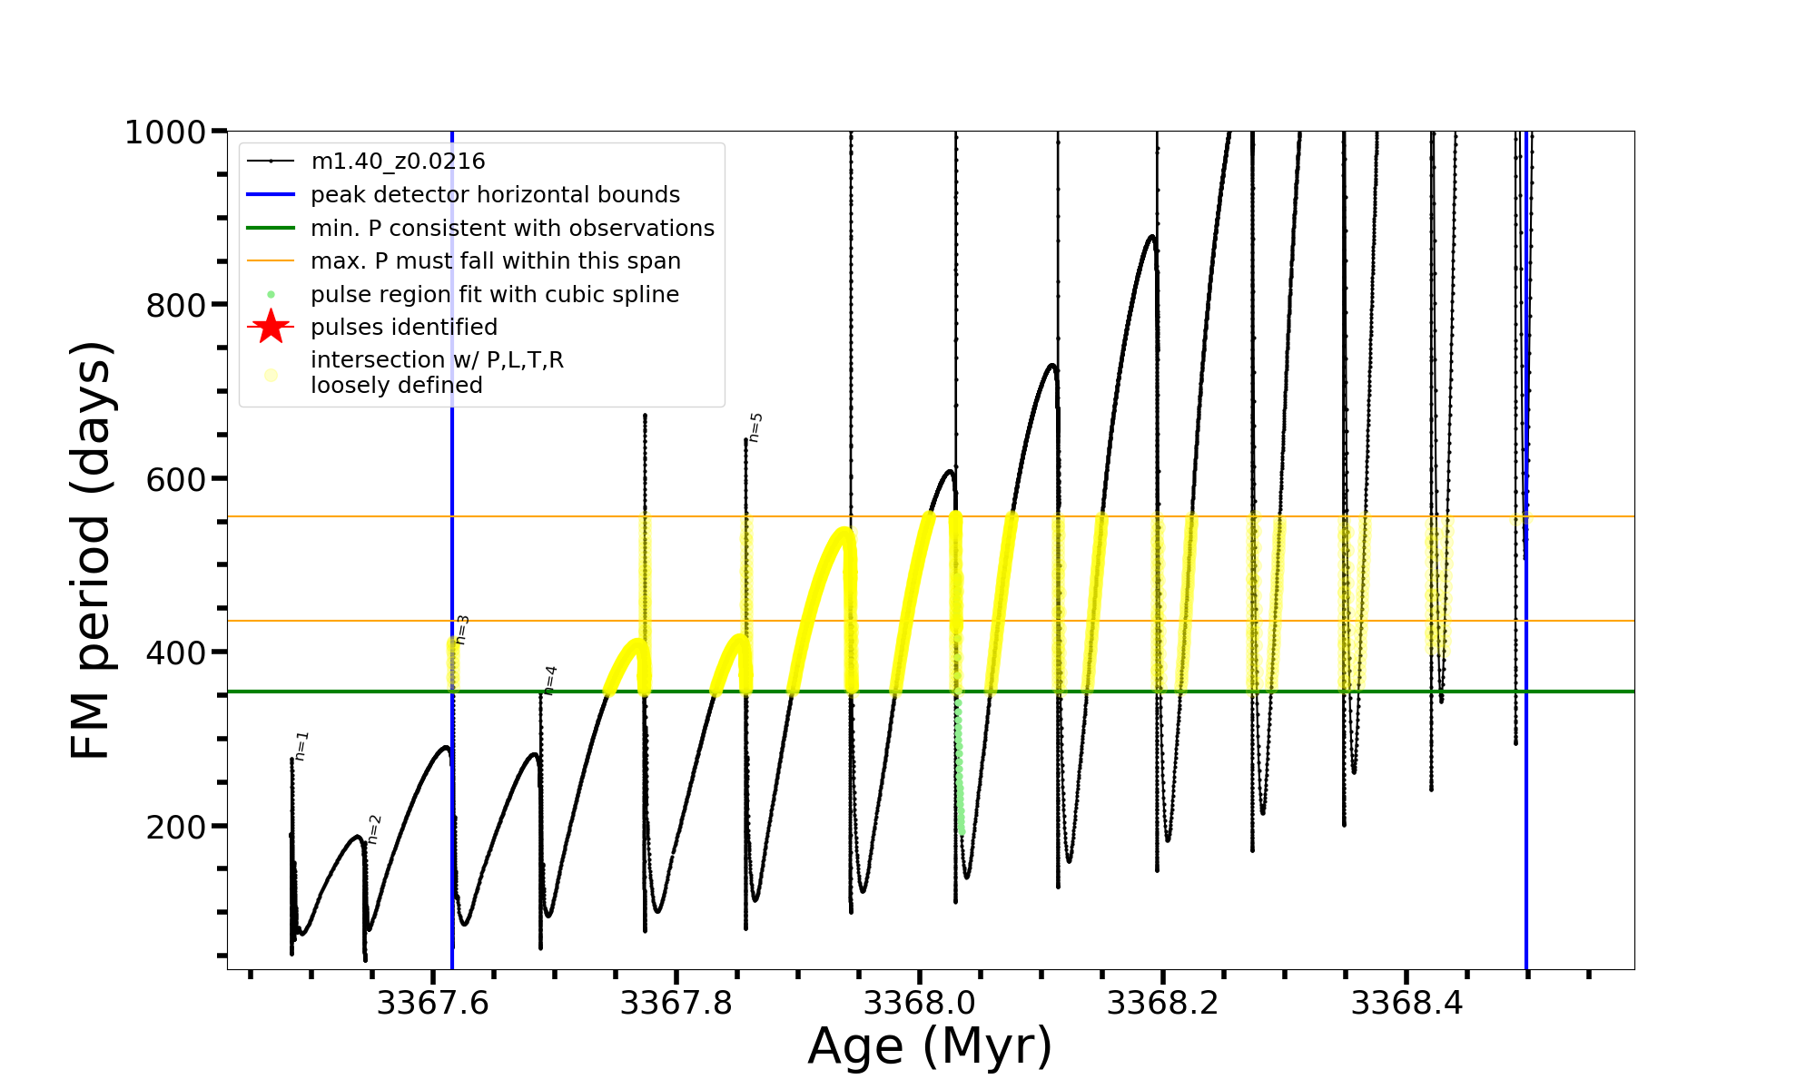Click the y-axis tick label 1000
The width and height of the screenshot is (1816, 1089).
[165, 132]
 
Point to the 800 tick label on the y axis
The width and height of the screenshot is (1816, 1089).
[176, 306]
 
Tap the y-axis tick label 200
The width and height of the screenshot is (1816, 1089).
[176, 827]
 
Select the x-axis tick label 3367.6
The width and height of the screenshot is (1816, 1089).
[432, 1004]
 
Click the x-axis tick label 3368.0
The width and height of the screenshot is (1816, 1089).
[919, 1004]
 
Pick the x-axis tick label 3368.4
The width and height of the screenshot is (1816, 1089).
[1406, 1004]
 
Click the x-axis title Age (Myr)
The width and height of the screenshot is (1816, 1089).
[930, 1046]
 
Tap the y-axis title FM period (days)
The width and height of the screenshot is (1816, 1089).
[92, 550]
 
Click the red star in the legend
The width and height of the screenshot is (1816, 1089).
[271, 327]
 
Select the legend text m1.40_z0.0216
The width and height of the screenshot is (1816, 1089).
[398, 162]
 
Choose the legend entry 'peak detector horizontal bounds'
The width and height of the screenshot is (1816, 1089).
[495, 195]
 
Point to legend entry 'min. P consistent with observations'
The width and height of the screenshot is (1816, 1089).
[512, 228]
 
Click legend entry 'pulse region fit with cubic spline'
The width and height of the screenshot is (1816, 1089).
[494, 295]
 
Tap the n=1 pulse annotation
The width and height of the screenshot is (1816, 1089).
[302, 745]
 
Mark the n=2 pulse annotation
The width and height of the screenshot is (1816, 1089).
[374, 829]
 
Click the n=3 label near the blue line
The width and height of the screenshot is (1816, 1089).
[462, 629]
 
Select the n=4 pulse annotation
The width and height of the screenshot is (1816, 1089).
[550, 680]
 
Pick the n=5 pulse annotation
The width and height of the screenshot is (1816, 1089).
[755, 427]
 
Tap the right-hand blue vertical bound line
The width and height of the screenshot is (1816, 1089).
[1526, 726]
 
